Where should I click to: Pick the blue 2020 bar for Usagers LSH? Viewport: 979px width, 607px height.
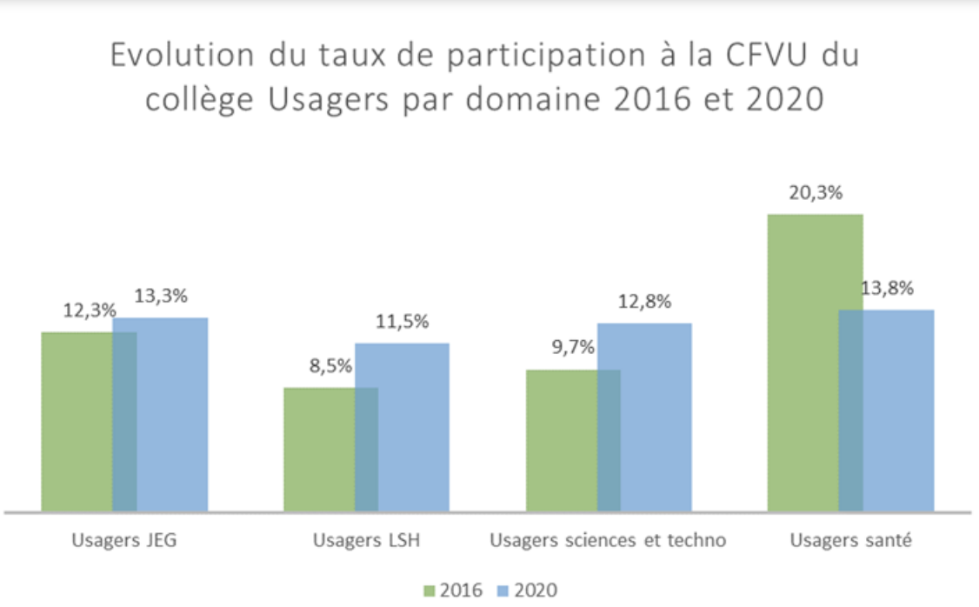tap(414, 427)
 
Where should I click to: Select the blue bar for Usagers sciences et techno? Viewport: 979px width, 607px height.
tap(656, 417)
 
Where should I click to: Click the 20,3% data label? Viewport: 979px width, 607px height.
tap(815, 193)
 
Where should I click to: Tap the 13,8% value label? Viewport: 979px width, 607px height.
tap(887, 289)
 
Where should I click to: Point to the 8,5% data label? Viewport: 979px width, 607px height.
tap(330, 366)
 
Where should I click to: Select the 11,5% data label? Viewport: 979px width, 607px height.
tap(402, 322)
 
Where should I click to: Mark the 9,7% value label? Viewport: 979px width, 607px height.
tap(573, 348)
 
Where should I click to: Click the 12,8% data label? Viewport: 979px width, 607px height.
tap(644, 302)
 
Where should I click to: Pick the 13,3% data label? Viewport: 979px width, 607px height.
tap(160, 297)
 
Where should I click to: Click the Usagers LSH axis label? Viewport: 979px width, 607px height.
tap(366, 540)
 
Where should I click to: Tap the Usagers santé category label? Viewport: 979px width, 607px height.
tap(850, 540)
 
